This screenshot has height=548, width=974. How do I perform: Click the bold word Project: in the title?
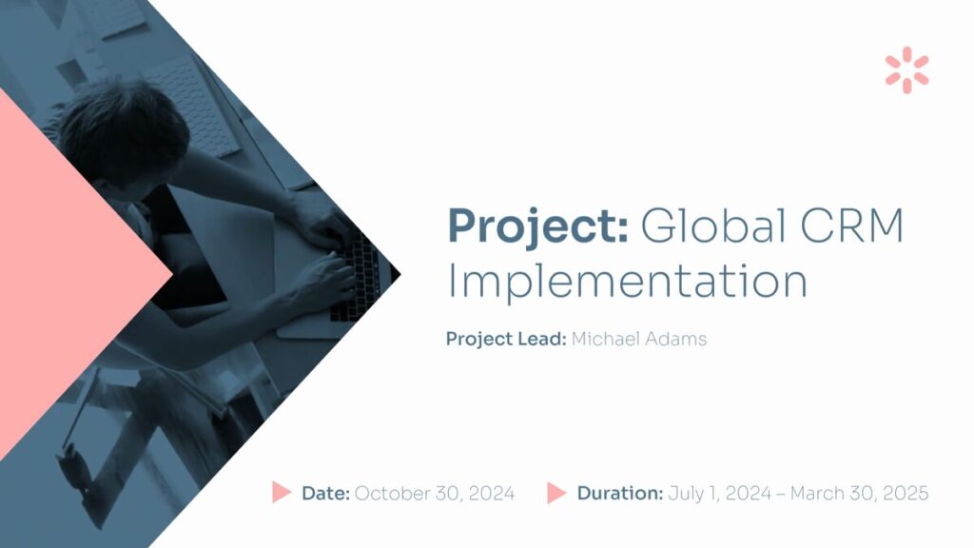pos(538,227)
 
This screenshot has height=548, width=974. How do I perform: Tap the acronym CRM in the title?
pos(851,225)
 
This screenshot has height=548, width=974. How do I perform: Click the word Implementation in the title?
pos(628,281)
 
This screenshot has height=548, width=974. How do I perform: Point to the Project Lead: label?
pos(506,340)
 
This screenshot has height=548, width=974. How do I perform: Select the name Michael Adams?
pos(638,339)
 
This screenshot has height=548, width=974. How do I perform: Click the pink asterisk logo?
pos(906,70)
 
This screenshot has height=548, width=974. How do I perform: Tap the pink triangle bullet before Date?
pos(281,492)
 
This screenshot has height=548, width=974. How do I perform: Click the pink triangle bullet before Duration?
pos(555,493)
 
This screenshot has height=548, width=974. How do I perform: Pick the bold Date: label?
pos(325,494)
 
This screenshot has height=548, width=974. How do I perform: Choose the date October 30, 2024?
pos(434,494)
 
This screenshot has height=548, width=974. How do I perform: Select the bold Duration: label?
pos(620,494)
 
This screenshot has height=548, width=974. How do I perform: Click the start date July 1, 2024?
pos(719,494)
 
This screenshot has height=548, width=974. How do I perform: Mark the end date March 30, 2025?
pos(859,494)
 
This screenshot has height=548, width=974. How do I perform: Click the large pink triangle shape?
pos(68,273)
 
